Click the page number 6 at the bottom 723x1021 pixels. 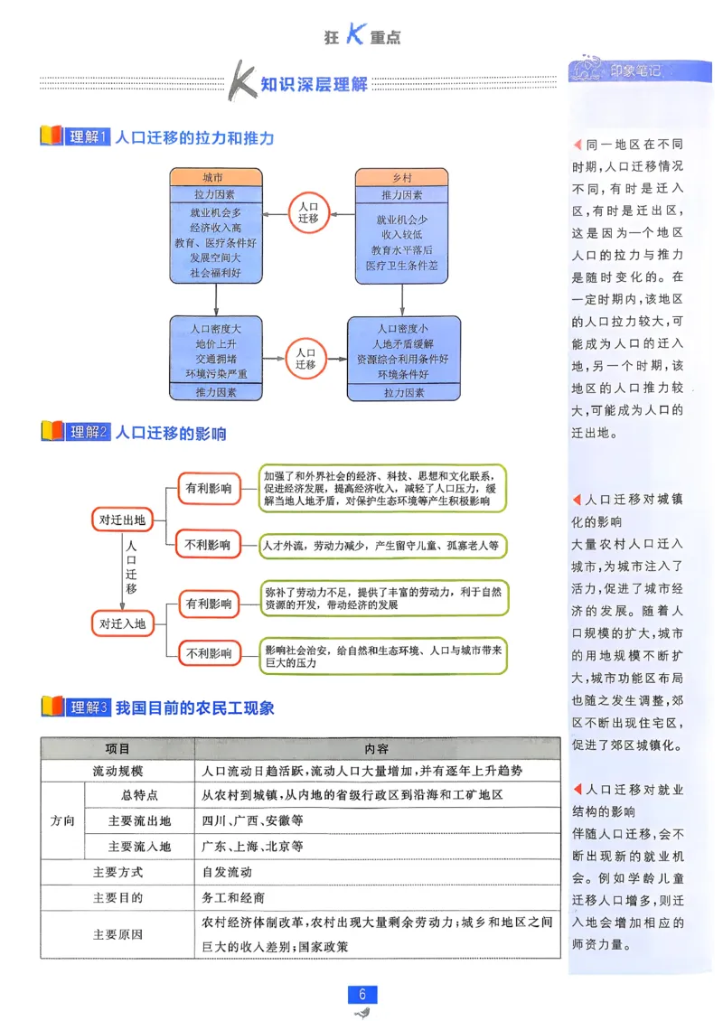point(361,994)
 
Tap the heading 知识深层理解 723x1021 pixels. point(314,85)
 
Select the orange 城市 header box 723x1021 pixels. point(214,177)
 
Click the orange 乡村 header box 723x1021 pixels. point(401,177)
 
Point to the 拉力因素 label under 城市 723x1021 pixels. point(214,194)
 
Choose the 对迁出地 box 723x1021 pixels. point(122,520)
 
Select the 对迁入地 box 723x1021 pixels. point(122,623)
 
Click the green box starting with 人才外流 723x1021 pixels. point(381,546)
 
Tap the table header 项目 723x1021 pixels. point(117,749)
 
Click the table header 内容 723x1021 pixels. point(377,749)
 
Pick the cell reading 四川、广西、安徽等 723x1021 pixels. point(253,821)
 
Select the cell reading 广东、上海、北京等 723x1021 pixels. point(253,847)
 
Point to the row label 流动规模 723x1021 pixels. point(117,772)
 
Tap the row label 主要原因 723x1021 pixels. point(117,934)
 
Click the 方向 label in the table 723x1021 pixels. point(62,821)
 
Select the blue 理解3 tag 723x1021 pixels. point(89,708)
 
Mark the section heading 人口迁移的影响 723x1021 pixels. point(171,433)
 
